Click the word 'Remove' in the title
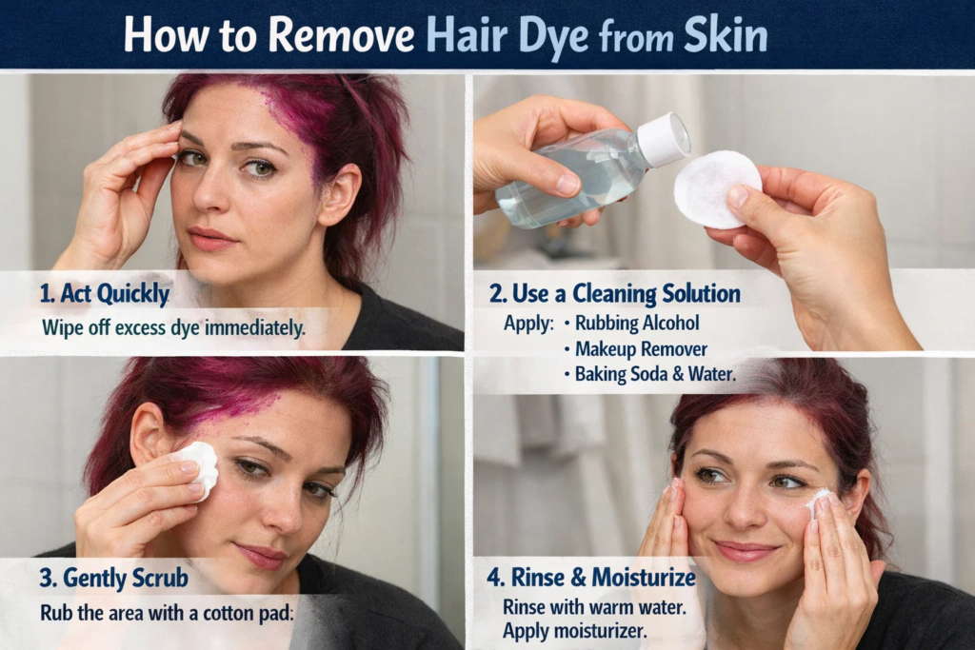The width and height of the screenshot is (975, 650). (x=340, y=35)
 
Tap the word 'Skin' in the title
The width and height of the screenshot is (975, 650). (x=726, y=35)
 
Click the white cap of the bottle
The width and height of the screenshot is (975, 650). (x=663, y=139)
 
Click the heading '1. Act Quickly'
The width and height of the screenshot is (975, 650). (x=105, y=294)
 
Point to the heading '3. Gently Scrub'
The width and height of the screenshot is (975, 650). (x=113, y=578)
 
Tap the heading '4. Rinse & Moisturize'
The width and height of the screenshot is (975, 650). (x=591, y=578)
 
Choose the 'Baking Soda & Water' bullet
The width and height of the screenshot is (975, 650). (x=654, y=374)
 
